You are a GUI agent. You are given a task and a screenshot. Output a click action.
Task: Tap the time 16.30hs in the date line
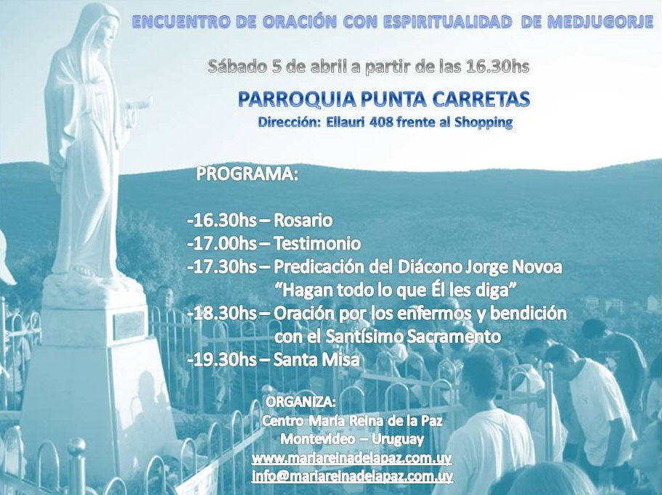pyautogui.click(x=498, y=66)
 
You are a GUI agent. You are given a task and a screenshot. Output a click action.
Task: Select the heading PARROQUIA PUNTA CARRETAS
pyautogui.click(x=384, y=99)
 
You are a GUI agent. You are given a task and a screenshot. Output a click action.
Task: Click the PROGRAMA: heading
pyautogui.click(x=247, y=175)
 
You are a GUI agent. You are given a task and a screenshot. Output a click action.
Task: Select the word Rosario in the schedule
pyautogui.click(x=303, y=220)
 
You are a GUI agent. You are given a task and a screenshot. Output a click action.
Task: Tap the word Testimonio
pyautogui.click(x=317, y=243)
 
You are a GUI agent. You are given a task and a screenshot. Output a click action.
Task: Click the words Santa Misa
pyautogui.click(x=316, y=359)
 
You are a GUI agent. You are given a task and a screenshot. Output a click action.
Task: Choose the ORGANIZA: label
pyautogui.click(x=301, y=402)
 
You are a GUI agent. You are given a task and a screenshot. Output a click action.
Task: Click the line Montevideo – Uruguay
pyautogui.click(x=352, y=439)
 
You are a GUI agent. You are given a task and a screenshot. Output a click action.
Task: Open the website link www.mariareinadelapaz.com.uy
pyautogui.click(x=352, y=458)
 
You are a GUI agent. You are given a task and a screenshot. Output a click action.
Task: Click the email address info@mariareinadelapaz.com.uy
pyautogui.click(x=352, y=476)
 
